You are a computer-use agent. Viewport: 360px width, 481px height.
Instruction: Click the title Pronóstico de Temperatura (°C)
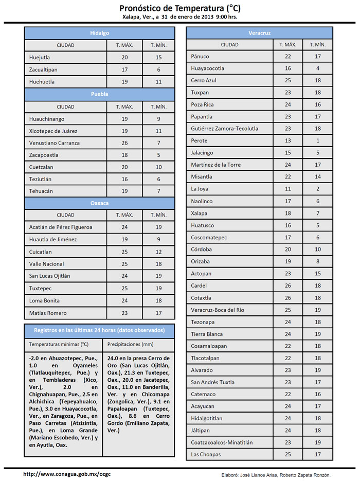(x=180, y=8)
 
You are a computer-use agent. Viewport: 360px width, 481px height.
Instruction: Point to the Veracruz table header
(x=259, y=33)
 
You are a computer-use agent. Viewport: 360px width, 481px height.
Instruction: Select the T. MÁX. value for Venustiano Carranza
(x=124, y=143)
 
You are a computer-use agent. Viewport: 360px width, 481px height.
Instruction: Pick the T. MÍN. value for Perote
(x=318, y=140)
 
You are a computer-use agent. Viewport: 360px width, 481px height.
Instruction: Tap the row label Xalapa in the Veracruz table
(x=199, y=213)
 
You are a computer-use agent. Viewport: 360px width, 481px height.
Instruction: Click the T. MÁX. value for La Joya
(x=288, y=189)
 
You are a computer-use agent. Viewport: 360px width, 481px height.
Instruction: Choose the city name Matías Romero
(x=48, y=313)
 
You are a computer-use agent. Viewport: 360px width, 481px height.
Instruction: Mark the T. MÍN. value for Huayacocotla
(x=318, y=68)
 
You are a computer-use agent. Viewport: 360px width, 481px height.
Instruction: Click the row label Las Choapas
(x=206, y=454)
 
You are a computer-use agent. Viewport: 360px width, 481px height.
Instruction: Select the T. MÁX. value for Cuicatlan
(x=124, y=252)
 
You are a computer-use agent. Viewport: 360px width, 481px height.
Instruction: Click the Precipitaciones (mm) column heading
(x=130, y=344)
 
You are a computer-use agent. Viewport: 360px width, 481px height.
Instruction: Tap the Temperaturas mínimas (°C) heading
(x=59, y=344)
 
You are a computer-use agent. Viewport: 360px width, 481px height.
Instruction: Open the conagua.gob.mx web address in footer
(x=67, y=474)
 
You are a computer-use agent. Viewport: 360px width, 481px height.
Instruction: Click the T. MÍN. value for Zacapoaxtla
(x=159, y=155)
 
